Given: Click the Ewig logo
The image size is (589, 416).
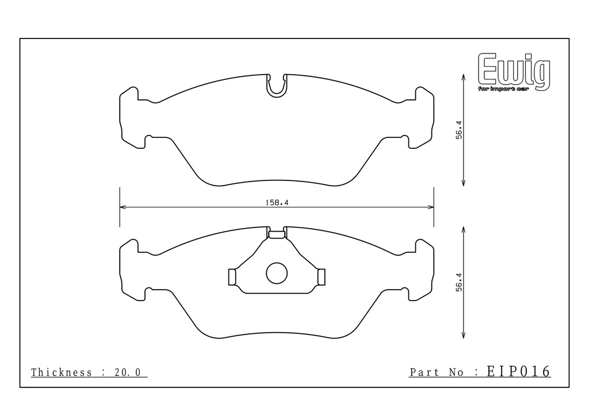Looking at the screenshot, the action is [514, 72].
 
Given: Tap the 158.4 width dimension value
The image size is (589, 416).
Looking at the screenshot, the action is [277, 203].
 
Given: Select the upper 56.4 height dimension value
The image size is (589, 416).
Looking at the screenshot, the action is [460, 130].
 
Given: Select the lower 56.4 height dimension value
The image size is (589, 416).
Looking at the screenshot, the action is [460, 282].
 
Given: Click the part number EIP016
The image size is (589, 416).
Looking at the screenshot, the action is [519, 371].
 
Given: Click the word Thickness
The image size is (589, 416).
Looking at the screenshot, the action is [61, 372].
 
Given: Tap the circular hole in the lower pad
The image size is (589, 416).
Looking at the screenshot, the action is [277, 273].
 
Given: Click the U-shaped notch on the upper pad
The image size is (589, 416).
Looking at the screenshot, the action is [277, 86].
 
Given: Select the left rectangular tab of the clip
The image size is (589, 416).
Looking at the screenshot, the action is [232, 277].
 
